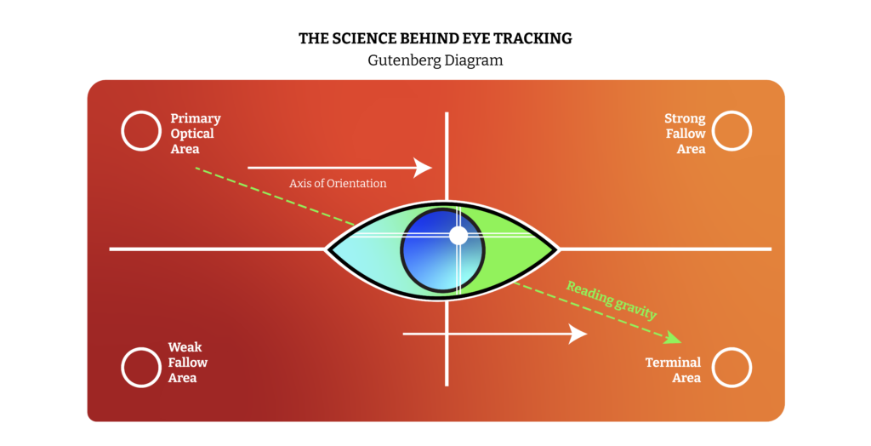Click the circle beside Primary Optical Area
141,131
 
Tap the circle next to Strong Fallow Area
732,131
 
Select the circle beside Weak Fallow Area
141,367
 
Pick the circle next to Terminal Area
732,367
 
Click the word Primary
195,118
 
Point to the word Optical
192,134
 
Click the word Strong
685,118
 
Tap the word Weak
185,347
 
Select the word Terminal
673,363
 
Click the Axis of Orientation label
338,183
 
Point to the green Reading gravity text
612,299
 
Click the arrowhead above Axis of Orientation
424,168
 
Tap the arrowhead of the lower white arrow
578,334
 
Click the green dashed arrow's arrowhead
674,339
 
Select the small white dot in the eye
458,235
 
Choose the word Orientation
357,183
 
